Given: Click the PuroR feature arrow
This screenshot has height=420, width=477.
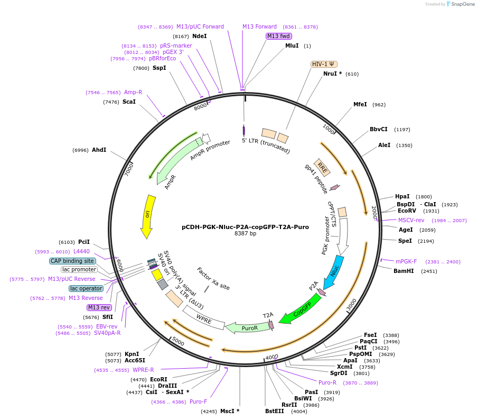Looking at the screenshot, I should point(247,327).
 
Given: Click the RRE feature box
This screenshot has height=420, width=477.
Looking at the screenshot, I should point(322,168).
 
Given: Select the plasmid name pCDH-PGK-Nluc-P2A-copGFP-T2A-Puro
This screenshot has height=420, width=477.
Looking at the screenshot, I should point(245,226).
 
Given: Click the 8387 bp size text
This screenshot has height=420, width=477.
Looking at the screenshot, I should point(245,234).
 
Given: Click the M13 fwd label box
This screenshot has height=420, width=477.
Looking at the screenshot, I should point(278,36).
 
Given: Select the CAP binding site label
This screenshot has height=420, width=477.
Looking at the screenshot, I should point(72,261).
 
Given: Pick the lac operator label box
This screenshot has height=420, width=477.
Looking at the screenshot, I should point(86,288).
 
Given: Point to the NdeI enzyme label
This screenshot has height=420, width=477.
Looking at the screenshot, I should point(199,36).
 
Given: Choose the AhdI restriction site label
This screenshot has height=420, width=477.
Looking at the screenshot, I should point(99,150).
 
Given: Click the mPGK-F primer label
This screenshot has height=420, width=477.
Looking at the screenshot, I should point(406,261).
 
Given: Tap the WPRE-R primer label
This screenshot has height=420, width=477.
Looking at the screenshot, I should point(143,370).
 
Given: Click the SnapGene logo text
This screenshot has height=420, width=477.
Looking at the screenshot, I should point(460,4).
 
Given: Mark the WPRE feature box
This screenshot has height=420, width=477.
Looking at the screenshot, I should point(204,318).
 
